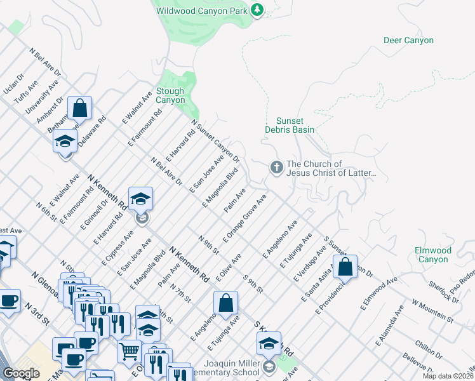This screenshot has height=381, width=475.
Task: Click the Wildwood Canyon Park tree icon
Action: pos(257,11)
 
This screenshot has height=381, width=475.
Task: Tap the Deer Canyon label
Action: pos(408,41)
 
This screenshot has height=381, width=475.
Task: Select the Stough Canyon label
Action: pos(171,95)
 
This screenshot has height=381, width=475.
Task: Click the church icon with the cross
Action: pos(276,168)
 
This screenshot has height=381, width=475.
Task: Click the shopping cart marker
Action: pos(129,349)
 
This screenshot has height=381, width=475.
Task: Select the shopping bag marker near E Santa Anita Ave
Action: pos(345,267)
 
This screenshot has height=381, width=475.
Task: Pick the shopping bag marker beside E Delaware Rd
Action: pos(80,109)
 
